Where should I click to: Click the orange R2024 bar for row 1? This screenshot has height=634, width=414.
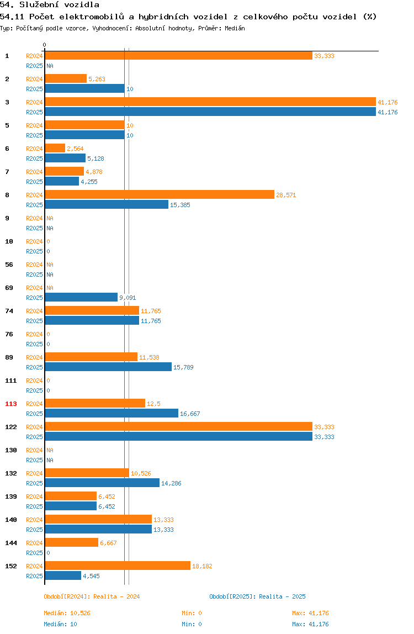coord(179,56)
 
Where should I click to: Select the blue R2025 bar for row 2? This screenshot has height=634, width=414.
coord(85,88)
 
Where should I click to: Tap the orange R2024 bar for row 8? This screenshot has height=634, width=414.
coord(160,194)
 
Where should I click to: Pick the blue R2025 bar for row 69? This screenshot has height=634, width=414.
coord(81,297)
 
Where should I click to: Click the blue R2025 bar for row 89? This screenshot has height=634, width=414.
coord(108,367)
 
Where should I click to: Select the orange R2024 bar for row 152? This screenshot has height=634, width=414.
coord(118,566)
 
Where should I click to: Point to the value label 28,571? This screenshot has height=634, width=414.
coord(286,195)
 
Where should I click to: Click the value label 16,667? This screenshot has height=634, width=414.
coord(190,414)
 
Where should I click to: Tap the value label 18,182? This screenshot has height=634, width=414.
coord(202,566)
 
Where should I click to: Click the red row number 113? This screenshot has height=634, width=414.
coord(11,404)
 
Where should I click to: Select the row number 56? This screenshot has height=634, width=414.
coord(9,265)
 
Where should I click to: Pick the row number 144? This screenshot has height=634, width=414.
coord(11,543)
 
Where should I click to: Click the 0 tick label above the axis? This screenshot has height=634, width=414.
coord(45,45)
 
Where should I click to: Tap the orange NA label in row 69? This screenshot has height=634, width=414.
coord(50,288)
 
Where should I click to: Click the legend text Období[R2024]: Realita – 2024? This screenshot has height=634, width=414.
coord(92,596)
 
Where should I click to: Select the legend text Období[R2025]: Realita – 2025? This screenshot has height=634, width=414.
coord(258,596)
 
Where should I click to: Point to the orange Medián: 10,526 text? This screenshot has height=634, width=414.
coord(67,613)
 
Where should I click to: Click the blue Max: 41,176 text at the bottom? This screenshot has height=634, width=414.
coord(310,624)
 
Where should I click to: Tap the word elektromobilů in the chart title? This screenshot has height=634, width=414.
coord(92,17)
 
